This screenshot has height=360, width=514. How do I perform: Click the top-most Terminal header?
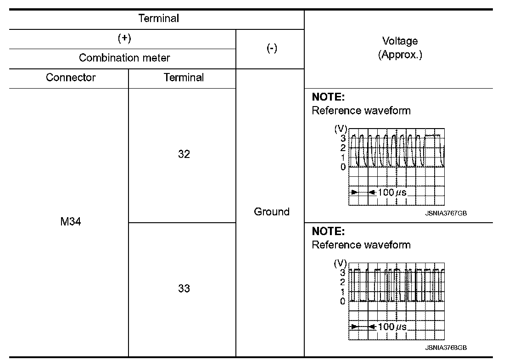[158, 19]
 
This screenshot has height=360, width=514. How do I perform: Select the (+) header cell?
[124, 39]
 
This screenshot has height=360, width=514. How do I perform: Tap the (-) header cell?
[272, 49]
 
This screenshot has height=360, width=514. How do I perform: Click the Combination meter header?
[124, 58]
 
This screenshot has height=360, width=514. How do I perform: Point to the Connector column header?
[71, 78]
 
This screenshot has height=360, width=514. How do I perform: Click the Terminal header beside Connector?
[184, 78]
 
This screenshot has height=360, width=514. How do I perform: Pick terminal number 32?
[184, 154]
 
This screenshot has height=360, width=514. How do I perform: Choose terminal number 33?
[184, 289]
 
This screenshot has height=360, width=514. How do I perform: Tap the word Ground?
[272, 212]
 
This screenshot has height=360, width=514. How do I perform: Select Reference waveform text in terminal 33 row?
[361, 245]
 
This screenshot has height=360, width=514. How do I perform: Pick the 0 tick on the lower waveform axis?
[343, 302]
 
